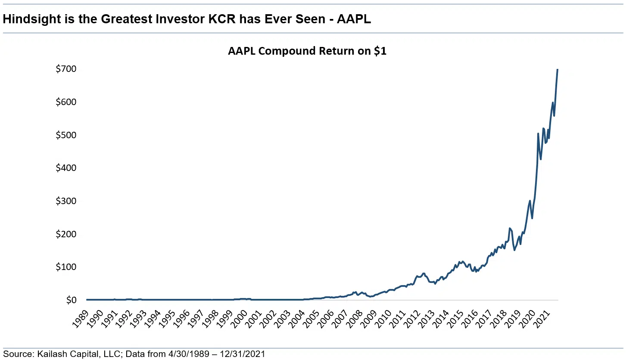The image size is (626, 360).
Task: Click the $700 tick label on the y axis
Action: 66,69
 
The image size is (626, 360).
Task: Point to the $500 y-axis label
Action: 66,135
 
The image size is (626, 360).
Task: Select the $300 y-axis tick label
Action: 66,201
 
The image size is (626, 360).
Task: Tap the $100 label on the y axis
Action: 66,267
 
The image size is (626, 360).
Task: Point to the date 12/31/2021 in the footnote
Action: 243,354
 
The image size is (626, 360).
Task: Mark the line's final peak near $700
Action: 557,69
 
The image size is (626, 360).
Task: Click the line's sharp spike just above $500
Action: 538,133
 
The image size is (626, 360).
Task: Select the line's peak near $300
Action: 529,201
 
